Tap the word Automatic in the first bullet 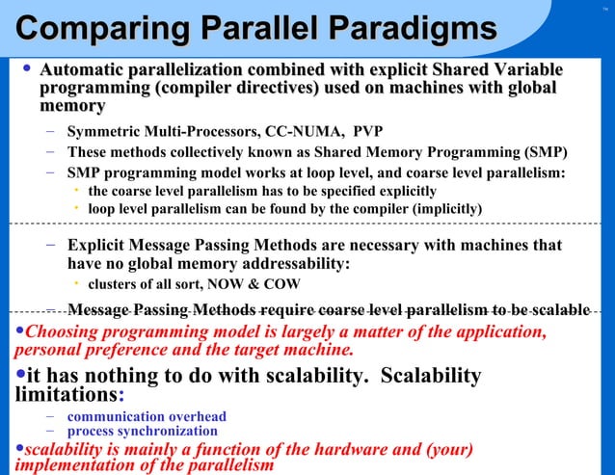pos(83,70)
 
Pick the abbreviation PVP pos(368,133)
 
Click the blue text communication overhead pos(147,417)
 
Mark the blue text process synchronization pos(142,432)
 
